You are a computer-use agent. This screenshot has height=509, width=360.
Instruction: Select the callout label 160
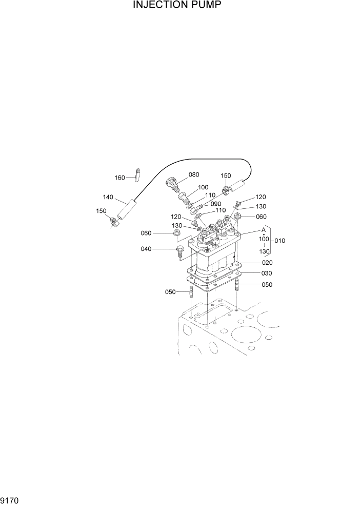119,178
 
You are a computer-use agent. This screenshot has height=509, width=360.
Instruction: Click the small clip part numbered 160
137,174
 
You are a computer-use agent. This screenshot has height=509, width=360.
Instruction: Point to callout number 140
108,197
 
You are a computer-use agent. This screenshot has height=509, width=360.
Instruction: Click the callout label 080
194,174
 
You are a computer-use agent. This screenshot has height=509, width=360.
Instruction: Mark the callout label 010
280,241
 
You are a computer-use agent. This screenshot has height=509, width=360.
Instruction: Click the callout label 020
267,263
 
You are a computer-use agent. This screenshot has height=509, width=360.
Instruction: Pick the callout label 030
267,273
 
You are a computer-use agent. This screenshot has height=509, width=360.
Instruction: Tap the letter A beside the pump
263,230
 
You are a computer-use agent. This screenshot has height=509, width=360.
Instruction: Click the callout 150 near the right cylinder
226,175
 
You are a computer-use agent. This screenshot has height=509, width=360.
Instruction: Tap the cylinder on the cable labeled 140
127,209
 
